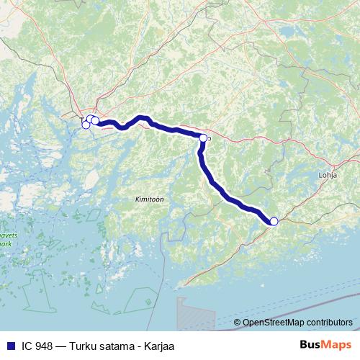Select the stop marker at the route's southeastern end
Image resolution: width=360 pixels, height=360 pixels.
[x=274, y=222]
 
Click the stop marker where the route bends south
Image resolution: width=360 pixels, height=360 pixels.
[x=203, y=138]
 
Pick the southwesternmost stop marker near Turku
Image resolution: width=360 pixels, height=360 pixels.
[x=86, y=125]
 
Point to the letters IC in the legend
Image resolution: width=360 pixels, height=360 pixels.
[x=26, y=345]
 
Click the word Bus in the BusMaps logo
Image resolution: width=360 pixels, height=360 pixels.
[x=312, y=345]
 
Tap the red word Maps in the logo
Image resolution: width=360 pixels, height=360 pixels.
[x=337, y=345]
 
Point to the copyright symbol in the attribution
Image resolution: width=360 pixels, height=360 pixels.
[x=237, y=323]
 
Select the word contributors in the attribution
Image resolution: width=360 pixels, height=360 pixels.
[x=328, y=323]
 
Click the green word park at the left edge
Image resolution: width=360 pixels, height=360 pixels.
[x=5, y=243]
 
